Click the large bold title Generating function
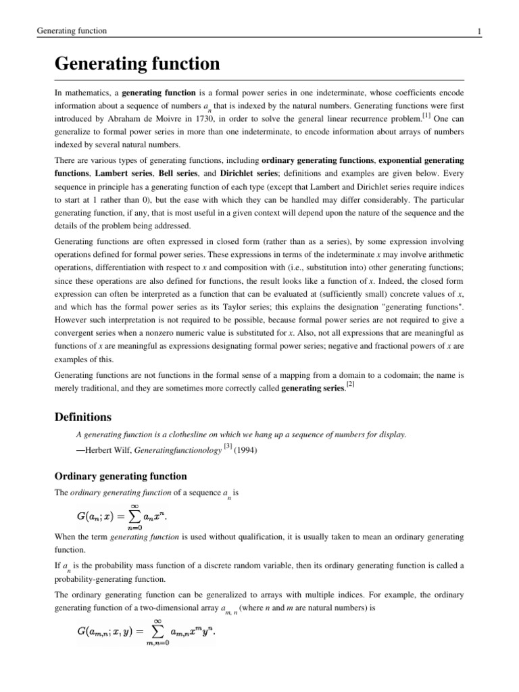(137, 64)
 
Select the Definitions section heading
(82, 417)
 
